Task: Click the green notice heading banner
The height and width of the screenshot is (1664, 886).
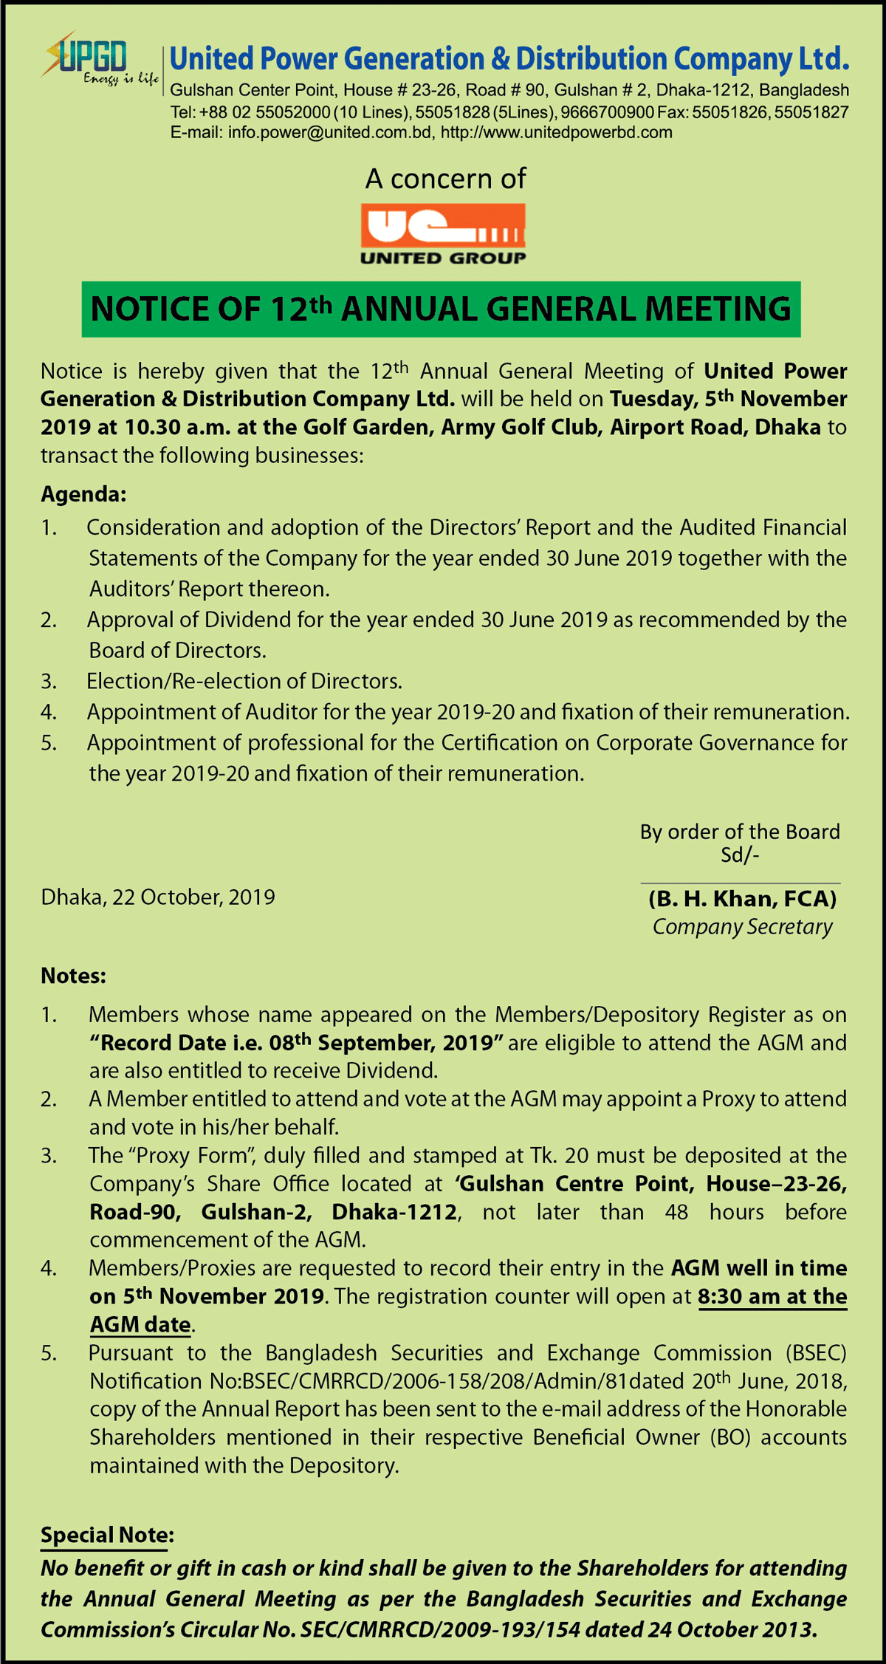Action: pyautogui.click(x=441, y=309)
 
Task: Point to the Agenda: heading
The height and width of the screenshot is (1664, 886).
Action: pyautogui.click(x=83, y=494)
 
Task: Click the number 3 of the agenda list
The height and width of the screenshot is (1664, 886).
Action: pyautogui.click(x=49, y=681)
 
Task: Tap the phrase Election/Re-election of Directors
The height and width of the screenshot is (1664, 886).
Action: pyautogui.click(x=244, y=681)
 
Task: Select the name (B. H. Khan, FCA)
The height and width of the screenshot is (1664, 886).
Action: pyautogui.click(x=742, y=899)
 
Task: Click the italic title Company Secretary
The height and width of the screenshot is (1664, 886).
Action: pyautogui.click(x=742, y=927)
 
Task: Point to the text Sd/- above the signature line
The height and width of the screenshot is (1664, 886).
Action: pyautogui.click(x=740, y=855)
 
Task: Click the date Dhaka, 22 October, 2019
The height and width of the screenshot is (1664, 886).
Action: pyautogui.click(x=158, y=897)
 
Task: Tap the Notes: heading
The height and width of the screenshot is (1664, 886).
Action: pyautogui.click(x=74, y=976)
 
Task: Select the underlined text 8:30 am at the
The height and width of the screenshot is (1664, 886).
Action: pyautogui.click(x=772, y=1297)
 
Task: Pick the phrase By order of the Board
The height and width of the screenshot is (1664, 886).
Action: pyautogui.click(x=740, y=832)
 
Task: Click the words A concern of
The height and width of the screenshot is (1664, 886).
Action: pyautogui.click(x=445, y=179)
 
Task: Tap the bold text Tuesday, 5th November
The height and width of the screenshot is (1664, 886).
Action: pyautogui.click(x=728, y=399)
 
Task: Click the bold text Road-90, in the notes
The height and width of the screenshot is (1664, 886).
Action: pyautogui.click(x=136, y=1212)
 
